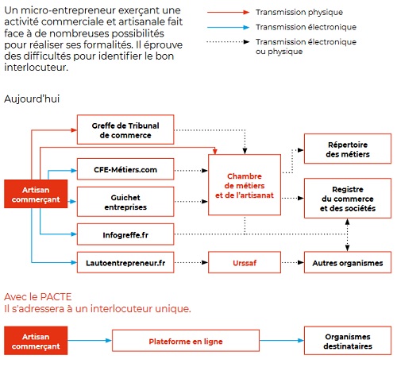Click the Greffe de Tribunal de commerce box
tap(125, 129)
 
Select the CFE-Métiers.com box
tap(125, 169)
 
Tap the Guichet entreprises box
tap(125, 202)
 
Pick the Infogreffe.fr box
tap(125, 234)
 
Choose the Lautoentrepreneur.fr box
tap(125, 262)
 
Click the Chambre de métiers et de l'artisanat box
tap(245, 185)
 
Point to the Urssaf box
tap(245, 262)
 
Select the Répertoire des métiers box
tap(348, 149)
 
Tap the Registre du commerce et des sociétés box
tap(348, 199)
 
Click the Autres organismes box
tap(348, 262)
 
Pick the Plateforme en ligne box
tap(186, 341)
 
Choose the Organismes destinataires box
tap(348, 341)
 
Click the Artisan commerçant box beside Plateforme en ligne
tap(36, 341)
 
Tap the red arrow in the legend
tap(228, 12)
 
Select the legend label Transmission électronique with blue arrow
tap(306, 27)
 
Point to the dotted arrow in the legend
tap(228, 42)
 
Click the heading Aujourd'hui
tap(32, 99)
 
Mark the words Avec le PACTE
tap(38, 297)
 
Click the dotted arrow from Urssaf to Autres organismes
tap(292, 262)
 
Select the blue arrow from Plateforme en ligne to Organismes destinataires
tap(282, 341)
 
